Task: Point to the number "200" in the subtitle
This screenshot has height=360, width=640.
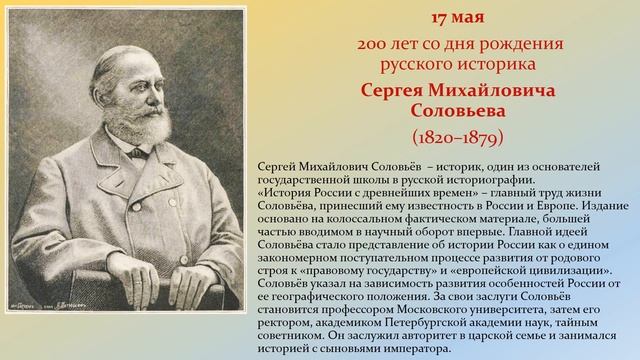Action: [x=373, y=45]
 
